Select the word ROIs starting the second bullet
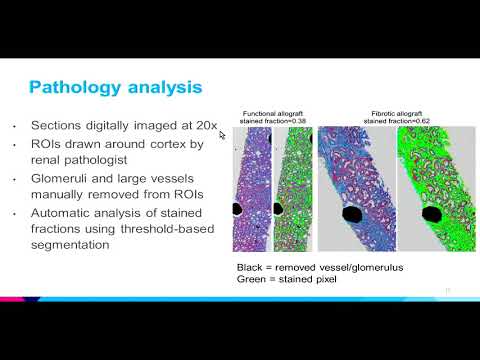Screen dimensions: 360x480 click(x=47, y=144)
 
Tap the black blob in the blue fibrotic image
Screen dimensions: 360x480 click(x=353, y=213)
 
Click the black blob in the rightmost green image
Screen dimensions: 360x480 click(x=433, y=214)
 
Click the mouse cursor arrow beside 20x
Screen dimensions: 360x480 click(x=222, y=134)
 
